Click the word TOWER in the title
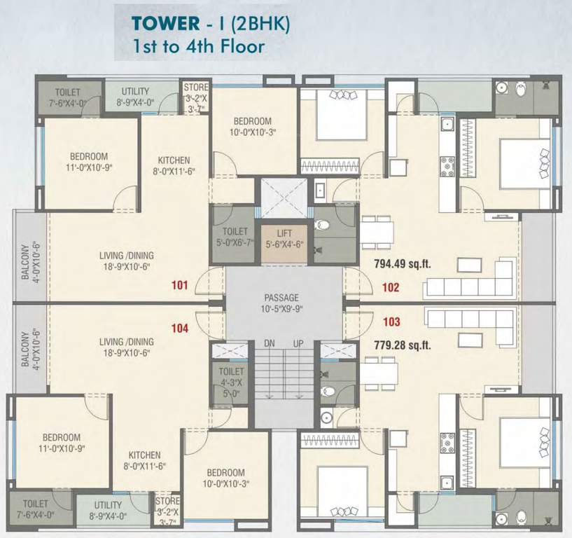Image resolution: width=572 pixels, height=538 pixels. point(166,23)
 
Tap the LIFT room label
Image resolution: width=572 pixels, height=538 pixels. point(284,233)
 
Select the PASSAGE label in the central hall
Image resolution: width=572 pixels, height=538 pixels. point(281,297)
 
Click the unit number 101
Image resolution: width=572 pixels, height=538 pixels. point(179,284)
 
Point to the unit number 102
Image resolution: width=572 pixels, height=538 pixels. point(391,287)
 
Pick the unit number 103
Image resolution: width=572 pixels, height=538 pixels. point(391,322)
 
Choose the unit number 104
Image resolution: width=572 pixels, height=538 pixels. point(180,328)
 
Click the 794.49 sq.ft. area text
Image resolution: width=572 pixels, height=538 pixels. point(403,263)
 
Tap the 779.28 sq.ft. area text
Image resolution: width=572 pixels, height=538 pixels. point(403,345)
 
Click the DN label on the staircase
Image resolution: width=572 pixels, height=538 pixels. point(270,343)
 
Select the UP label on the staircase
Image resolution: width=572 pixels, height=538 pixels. point(298,343)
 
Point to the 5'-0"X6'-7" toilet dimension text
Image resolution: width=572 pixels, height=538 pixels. point(235,242)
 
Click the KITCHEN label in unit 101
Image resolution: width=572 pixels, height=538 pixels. point(174,160)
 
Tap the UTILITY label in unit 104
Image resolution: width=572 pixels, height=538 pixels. point(108,505)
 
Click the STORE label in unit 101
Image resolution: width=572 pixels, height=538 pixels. point(196,88)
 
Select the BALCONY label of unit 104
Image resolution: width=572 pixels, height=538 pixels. point(25,350)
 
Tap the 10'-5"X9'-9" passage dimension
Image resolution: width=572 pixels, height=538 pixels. point(281,309)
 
